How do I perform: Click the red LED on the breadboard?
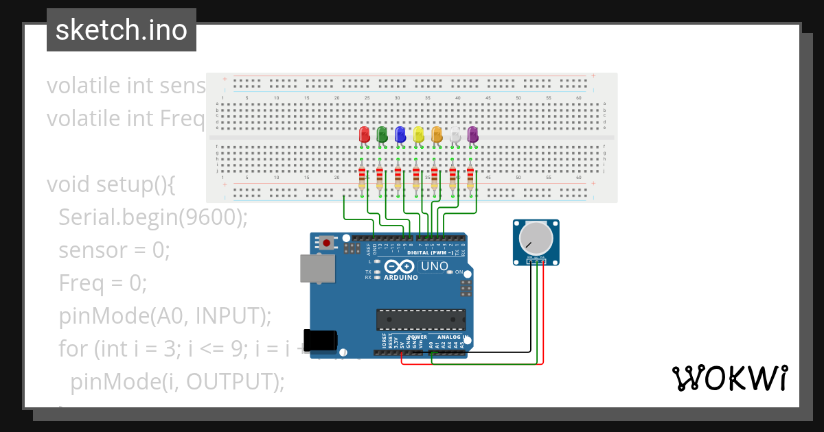pyautogui.click(x=365, y=134)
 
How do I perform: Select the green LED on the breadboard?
pyautogui.click(x=382, y=134)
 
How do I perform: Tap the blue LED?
pyautogui.click(x=400, y=134)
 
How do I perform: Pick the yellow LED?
pyautogui.click(x=419, y=134)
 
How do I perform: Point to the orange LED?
pyautogui.click(x=437, y=134)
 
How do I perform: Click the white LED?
pyautogui.click(x=455, y=134)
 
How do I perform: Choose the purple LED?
pyautogui.click(x=472, y=134)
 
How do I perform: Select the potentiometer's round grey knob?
pyautogui.click(x=536, y=238)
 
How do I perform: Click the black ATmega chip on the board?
pyautogui.click(x=420, y=320)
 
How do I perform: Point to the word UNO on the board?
pyautogui.click(x=434, y=266)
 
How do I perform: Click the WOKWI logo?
pyautogui.click(x=729, y=379)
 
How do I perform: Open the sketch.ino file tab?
pyautogui.click(x=122, y=30)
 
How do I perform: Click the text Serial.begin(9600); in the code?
pyautogui.click(x=152, y=217)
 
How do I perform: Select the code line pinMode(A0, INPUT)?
pyautogui.click(x=165, y=316)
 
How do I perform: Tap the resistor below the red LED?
pyautogui.click(x=362, y=178)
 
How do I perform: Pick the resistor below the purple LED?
pyautogui.click(x=470, y=178)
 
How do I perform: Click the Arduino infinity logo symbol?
pyautogui.click(x=400, y=267)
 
